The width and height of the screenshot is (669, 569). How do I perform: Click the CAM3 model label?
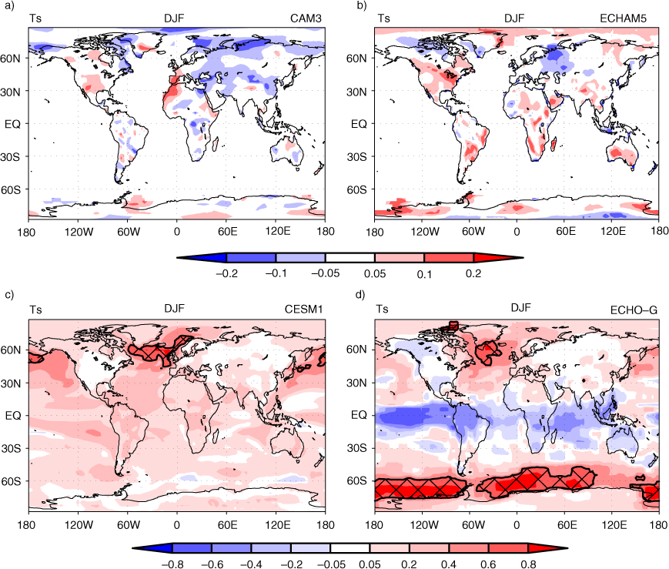coord(306,18)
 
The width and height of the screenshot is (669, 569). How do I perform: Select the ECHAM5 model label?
coord(623,18)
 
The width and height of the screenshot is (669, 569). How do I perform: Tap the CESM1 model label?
coord(303,309)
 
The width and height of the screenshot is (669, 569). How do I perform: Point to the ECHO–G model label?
coord(634,310)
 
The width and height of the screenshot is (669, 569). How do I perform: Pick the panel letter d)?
coord(361,295)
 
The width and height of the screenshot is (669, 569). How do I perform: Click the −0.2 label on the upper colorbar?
coord(226,273)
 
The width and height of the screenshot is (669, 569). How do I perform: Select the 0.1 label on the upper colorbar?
coord(424,274)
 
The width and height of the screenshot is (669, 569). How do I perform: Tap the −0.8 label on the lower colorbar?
coord(172,564)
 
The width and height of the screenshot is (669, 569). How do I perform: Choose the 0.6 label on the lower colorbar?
coord(488,564)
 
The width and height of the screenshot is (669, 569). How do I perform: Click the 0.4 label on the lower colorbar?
coord(448,564)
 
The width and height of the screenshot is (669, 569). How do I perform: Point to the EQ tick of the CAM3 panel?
coord(12,124)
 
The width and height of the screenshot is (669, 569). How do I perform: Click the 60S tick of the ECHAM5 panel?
coord(356,189)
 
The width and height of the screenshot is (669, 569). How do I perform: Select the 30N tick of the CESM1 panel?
coord(11,383)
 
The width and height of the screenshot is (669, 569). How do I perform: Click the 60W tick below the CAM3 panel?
coord(129,231)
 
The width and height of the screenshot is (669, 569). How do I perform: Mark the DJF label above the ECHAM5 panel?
coord(514,18)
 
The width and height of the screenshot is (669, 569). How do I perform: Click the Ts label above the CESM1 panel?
coord(35,309)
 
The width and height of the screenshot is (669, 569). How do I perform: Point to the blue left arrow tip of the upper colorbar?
coord(178,258)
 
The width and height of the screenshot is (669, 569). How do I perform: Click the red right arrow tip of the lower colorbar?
coord(567,547)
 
